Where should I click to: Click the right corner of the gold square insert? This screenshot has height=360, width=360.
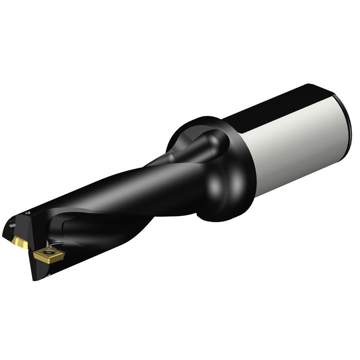(64, 253)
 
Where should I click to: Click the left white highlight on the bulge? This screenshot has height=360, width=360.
(215, 185)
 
